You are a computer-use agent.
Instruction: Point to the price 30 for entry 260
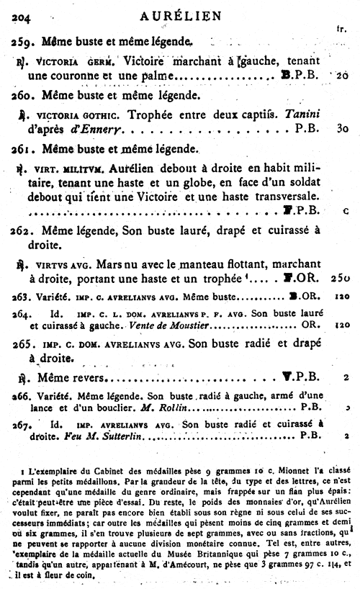[342, 128]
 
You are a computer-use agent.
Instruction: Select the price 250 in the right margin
[341, 276]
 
